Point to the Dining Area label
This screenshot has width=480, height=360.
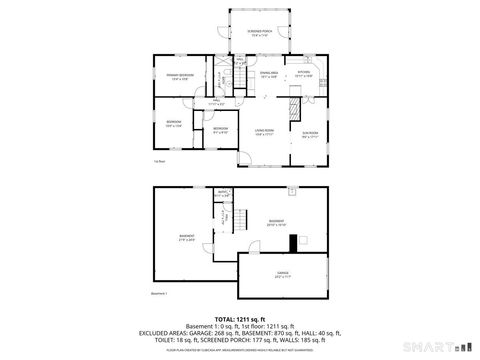[x=268, y=74]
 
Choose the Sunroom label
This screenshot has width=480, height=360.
[x=311, y=133]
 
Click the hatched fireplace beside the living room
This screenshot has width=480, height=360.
[x=295, y=109]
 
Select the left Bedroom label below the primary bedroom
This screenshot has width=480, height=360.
[x=173, y=124]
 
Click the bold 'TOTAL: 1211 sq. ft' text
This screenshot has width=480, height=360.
[x=239, y=319]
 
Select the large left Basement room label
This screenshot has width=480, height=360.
[x=187, y=238]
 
